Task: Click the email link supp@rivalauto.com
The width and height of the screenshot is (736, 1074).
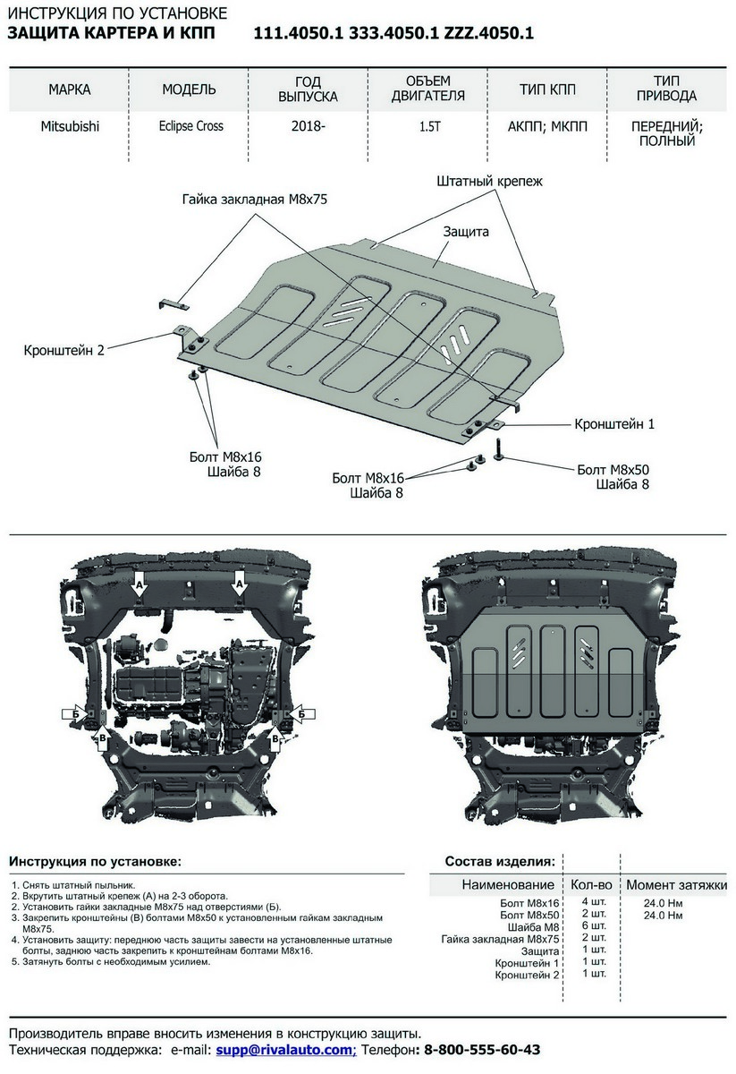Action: (286, 1050)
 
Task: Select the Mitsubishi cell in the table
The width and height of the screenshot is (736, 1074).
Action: (70, 126)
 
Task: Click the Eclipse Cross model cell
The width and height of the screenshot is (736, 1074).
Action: (191, 126)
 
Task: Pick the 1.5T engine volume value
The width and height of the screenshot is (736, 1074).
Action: (430, 126)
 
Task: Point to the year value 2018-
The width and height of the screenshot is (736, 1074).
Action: (309, 126)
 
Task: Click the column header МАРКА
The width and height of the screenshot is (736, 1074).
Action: (70, 89)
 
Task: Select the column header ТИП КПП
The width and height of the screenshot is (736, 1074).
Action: (547, 89)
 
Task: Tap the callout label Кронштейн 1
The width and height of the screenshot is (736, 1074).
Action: (614, 424)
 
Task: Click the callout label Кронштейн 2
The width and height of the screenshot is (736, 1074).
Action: (63, 350)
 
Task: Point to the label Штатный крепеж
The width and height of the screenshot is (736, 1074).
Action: (490, 181)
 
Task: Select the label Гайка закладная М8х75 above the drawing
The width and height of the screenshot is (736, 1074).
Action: (255, 199)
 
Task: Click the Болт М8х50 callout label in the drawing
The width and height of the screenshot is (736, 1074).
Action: (613, 470)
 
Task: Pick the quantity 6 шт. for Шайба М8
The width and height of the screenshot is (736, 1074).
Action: (594, 925)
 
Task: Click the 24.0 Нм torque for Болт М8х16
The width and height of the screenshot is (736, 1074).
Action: (664, 903)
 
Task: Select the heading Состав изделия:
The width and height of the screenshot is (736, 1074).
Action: (500, 862)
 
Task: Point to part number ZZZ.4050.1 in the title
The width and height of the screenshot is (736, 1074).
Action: (489, 34)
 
